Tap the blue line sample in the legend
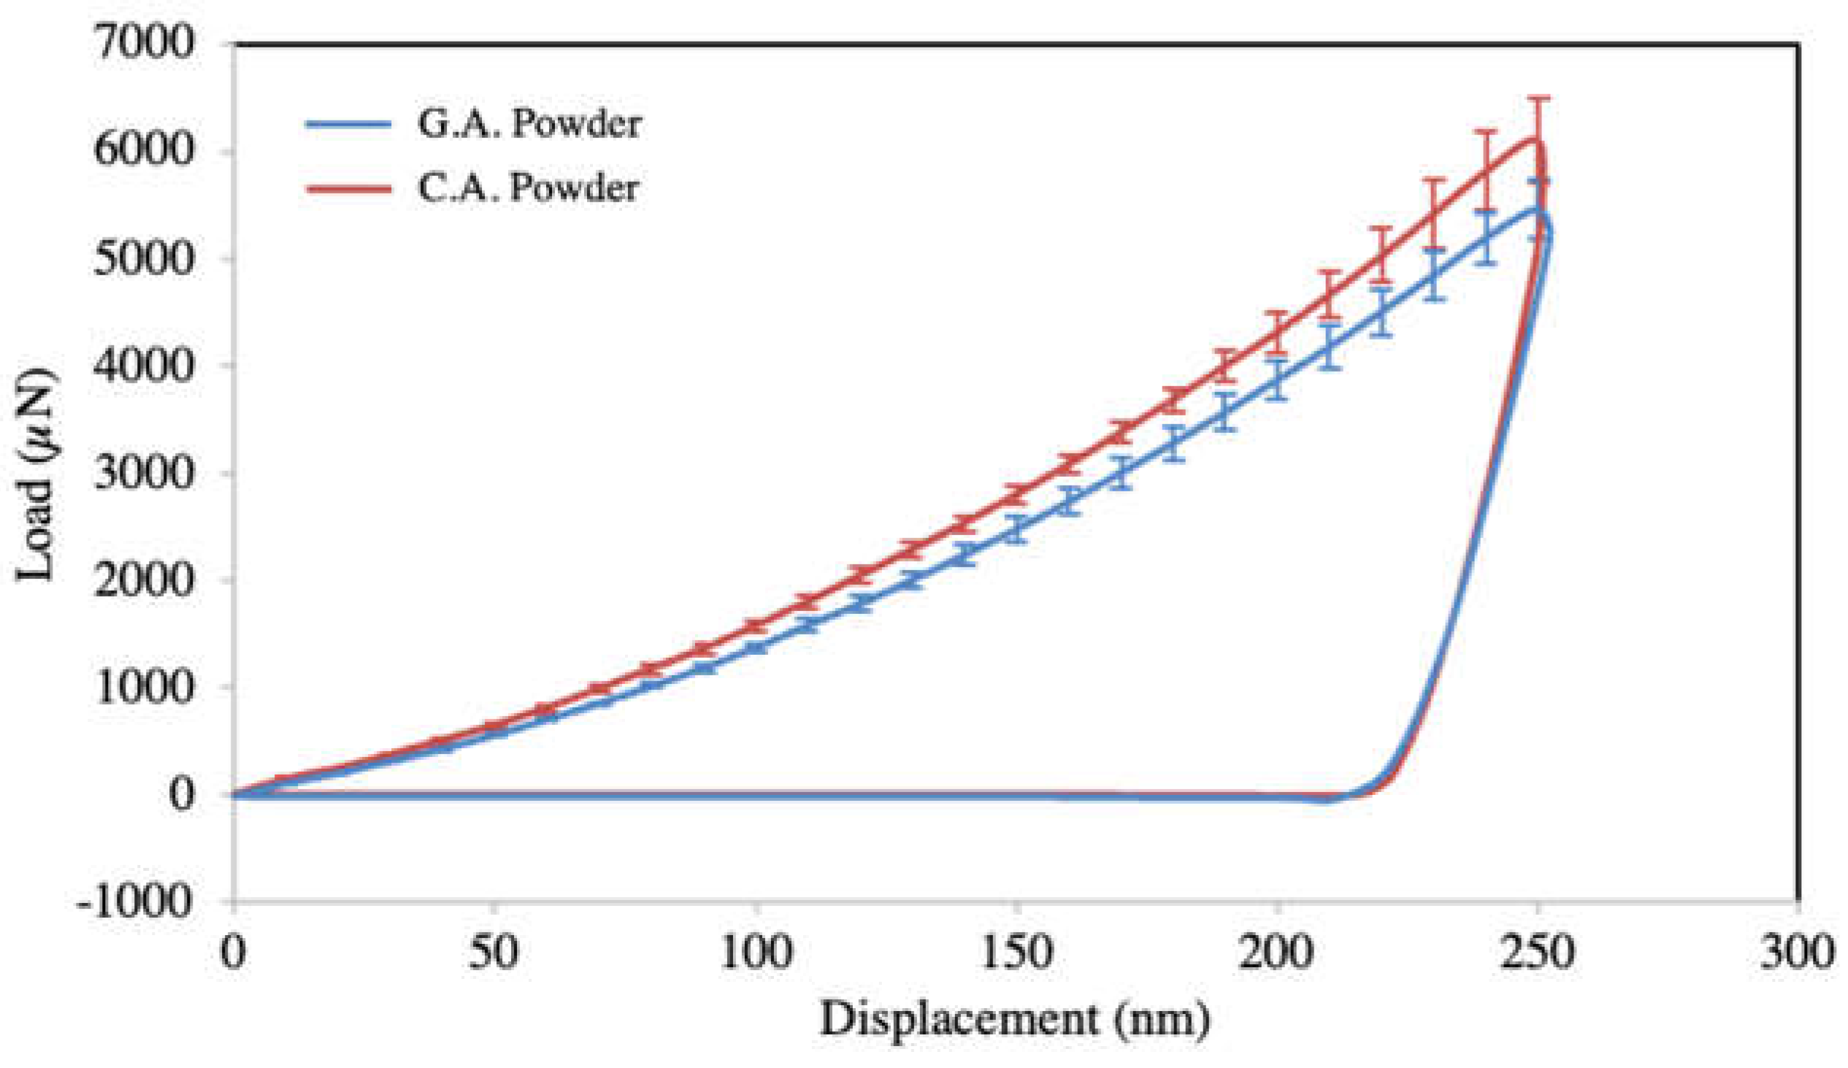(x=348, y=125)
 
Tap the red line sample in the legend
(x=348, y=189)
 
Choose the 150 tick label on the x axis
(x=1016, y=953)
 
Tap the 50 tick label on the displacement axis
(x=494, y=953)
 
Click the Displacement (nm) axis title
(x=1016, y=1019)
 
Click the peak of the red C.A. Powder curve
(x=1535, y=139)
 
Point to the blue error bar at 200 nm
(x=1278, y=380)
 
